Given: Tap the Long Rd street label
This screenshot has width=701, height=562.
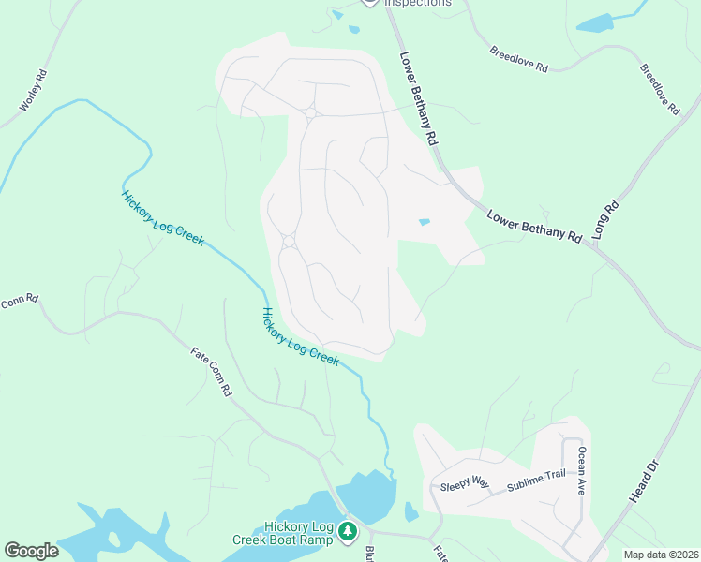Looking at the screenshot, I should coord(607,219).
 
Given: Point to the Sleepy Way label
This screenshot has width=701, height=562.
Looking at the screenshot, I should coord(465,483).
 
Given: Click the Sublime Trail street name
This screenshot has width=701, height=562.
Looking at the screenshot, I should coord(537,481).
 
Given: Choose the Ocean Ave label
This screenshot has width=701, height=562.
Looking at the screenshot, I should coord(583,470).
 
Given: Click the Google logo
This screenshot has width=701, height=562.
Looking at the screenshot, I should coord(31,551).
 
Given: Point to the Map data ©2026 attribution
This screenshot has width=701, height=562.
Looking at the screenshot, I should coord(660,555).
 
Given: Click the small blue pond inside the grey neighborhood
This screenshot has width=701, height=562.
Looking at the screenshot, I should coord(425,222).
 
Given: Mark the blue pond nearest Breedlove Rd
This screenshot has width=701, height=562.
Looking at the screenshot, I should coord(593,23).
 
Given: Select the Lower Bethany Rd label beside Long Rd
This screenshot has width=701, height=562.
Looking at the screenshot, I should coord(534,227).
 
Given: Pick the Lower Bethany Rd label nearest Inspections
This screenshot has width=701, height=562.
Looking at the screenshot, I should coord(419,97).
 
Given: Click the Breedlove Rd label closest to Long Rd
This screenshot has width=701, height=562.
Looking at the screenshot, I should coord(660,89).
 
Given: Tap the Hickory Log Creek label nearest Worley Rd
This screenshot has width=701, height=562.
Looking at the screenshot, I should coord(162,217).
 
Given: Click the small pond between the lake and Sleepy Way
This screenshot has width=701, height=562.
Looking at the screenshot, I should coord(410,511).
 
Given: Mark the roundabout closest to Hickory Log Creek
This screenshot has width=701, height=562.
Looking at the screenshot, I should coord(289,242).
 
